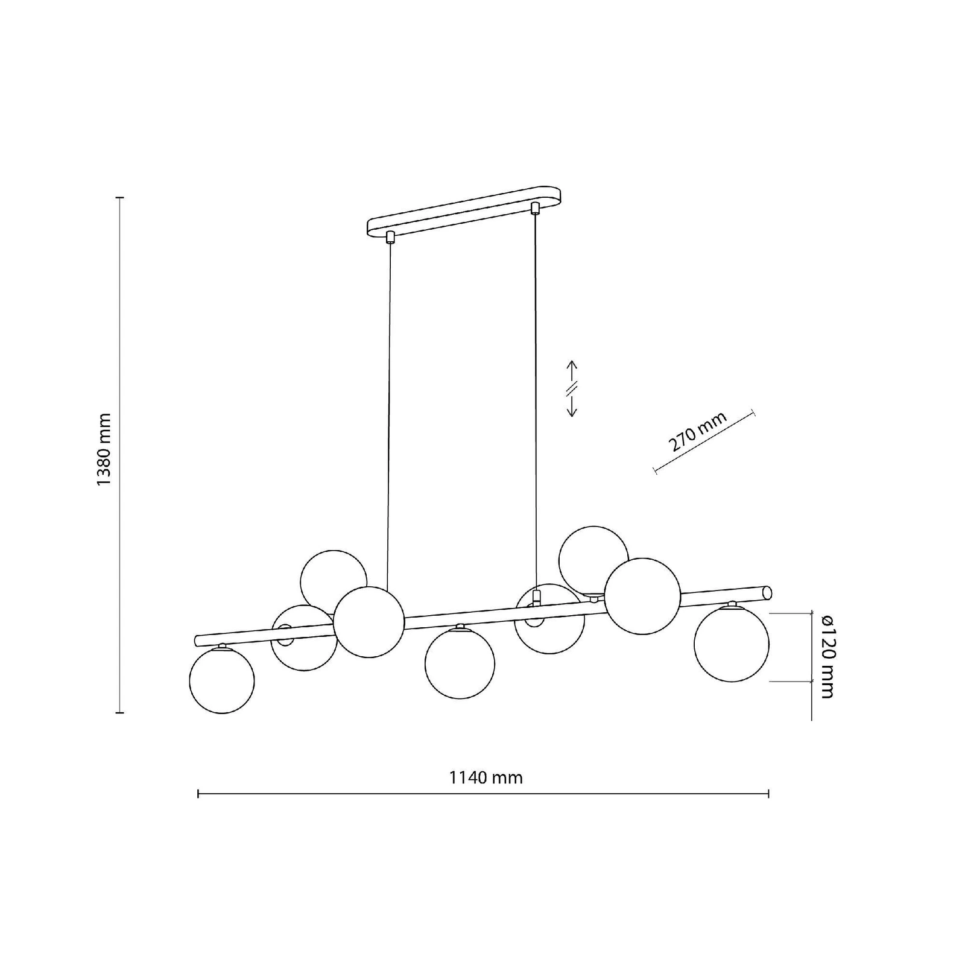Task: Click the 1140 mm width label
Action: tap(486, 777)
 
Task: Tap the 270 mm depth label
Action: tap(697, 432)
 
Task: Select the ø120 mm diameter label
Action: tap(826, 656)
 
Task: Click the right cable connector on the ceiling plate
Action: tap(534, 209)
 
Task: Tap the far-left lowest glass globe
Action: tap(222, 680)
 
